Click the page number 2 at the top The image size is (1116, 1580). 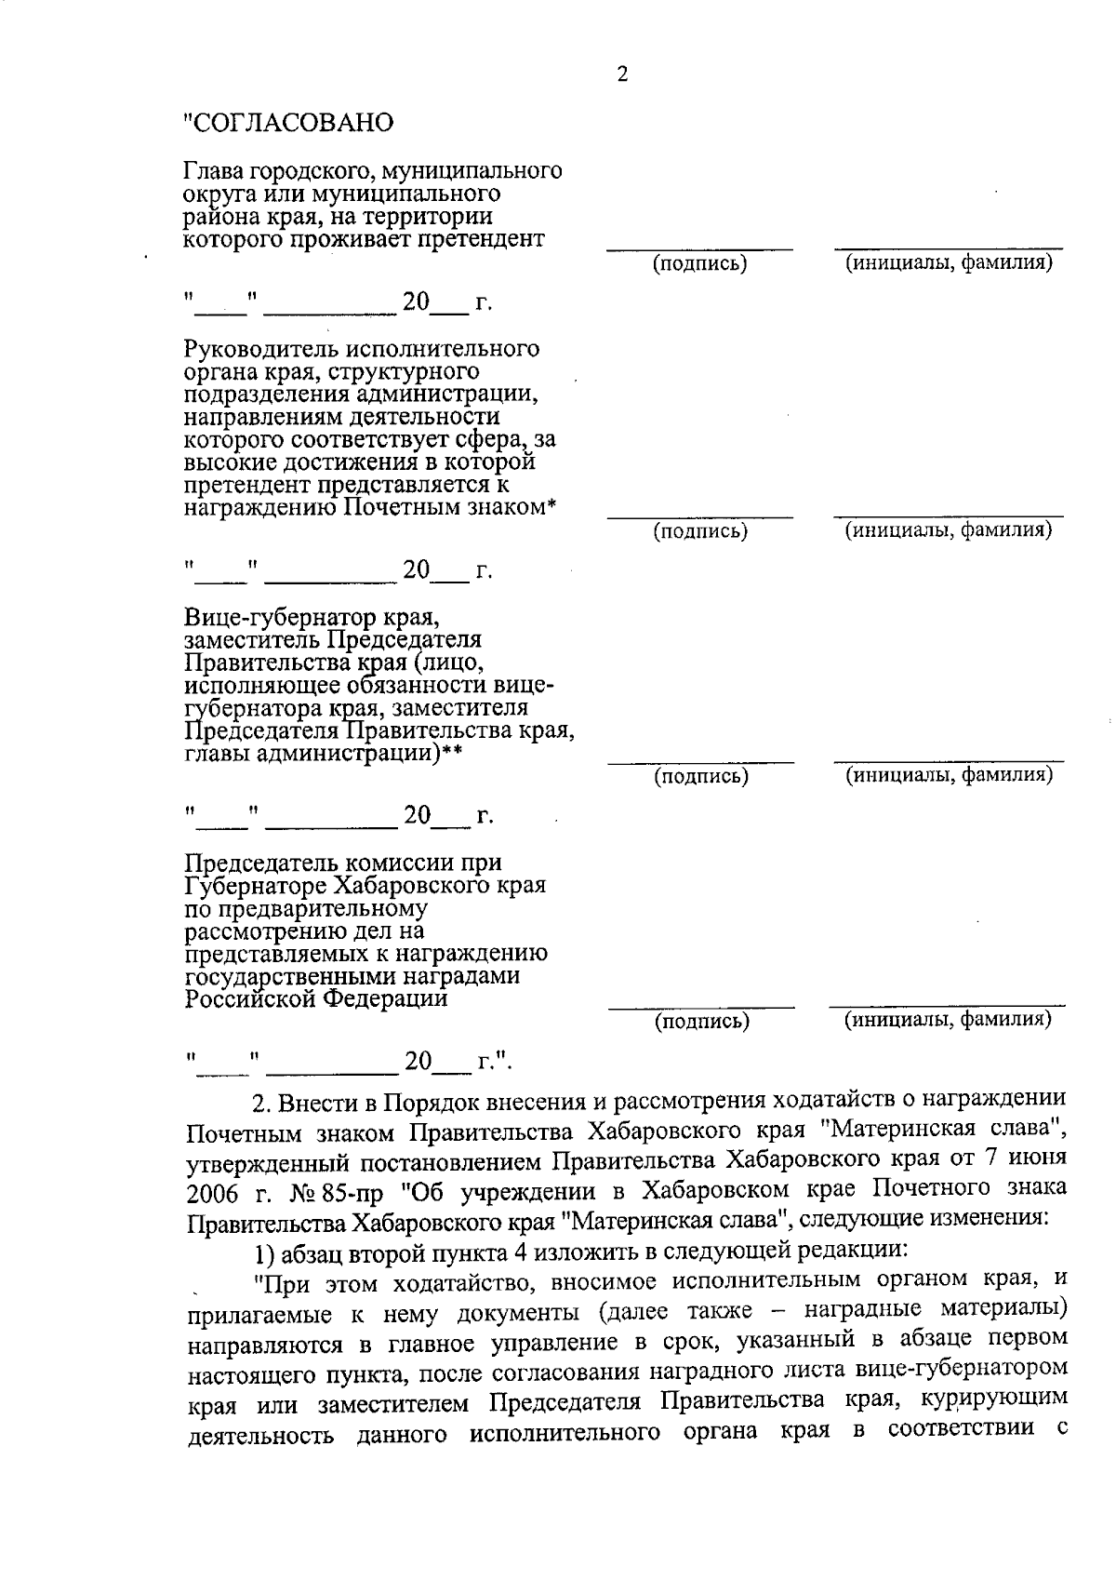[x=622, y=75]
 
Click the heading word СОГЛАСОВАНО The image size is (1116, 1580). [x=291, y=123]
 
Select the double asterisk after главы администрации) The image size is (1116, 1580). [x=452, y=755]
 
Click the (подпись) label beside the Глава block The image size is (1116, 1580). [x=700, y=264]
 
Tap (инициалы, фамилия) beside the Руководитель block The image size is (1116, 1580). [x=948, y=531]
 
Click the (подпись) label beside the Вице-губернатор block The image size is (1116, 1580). [x=701, y=776]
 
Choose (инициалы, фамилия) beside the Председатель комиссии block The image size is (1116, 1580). [x=948, y=1021]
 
